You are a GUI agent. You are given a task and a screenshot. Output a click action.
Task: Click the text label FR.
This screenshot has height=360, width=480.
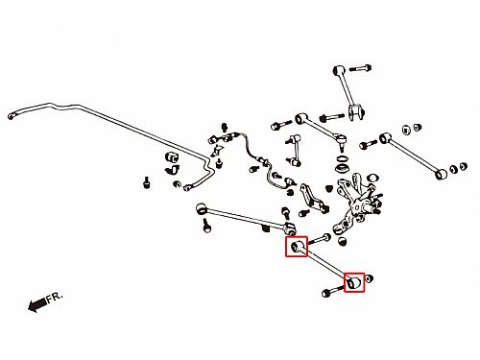(55, 298)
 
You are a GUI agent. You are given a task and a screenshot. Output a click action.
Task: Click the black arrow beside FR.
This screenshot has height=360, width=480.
(37, 304)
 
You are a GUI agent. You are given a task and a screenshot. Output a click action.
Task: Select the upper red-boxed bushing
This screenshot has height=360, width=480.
(297, 247)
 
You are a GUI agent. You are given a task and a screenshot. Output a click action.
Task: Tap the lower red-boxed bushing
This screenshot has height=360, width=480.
(354, 282)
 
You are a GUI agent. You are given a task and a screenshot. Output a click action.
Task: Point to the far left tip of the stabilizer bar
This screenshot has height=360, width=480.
(11, 116)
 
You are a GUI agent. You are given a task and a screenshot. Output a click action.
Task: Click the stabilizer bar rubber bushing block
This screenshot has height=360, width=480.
(172, 157)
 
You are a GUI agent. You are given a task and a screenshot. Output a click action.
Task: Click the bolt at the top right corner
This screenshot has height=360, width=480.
(360, 68)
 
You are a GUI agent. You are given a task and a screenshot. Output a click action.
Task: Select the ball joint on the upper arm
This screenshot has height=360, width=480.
(342, 141)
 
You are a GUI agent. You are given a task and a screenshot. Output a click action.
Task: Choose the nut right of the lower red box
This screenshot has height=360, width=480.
(369, 278)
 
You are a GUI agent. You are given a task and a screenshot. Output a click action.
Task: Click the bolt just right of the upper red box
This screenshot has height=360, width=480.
(320, 239)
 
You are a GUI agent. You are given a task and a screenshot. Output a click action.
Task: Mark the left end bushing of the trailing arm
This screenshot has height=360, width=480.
(202, 208)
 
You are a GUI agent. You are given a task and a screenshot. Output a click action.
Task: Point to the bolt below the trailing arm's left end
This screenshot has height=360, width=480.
(206, 226)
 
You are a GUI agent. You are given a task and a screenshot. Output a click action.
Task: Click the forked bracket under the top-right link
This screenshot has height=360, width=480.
(356, 112)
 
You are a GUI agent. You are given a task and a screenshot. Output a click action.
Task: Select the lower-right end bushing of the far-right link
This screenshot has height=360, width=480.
(442, 174)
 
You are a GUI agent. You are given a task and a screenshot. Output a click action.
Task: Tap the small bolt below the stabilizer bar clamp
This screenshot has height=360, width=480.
(147, 182)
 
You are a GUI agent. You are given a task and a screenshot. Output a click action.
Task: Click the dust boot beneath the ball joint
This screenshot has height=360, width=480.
(342, 168)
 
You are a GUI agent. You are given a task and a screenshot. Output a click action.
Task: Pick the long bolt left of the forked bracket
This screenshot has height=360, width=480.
(331, 117)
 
